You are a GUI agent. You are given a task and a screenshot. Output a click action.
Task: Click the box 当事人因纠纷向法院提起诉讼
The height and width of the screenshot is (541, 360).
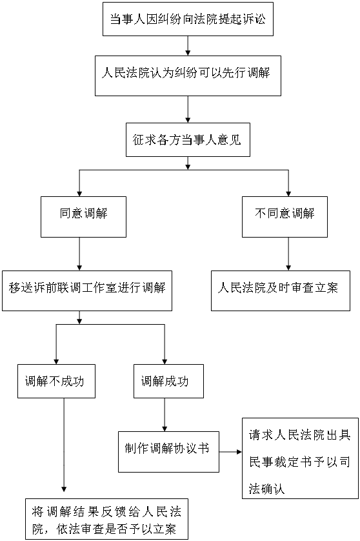point(188,19)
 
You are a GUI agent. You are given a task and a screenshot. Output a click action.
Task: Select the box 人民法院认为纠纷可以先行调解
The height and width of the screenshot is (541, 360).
point(188,76)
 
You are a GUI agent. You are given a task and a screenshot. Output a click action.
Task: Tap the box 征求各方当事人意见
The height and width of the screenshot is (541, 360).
point(188,139)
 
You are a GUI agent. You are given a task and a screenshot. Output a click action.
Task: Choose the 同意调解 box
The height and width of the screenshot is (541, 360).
point(83,217)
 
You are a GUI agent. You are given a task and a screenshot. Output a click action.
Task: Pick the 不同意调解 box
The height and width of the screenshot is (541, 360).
point(285,217)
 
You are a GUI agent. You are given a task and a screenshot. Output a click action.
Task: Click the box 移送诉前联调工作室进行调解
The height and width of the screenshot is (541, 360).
point(87,291)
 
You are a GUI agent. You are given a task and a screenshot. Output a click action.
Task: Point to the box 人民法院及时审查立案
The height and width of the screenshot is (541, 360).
point(281,291)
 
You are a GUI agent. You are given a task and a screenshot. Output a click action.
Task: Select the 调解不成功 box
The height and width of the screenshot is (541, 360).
point(57,382)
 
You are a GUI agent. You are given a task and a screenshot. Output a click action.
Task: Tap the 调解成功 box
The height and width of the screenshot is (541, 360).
point(168,382)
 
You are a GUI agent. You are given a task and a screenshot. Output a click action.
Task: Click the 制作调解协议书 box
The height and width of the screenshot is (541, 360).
point(168,452)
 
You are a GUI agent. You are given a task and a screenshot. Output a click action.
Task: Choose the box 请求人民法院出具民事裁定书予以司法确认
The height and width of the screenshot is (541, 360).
point(301,458)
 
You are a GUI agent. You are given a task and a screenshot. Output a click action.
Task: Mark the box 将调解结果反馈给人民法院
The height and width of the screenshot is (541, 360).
point(107,519)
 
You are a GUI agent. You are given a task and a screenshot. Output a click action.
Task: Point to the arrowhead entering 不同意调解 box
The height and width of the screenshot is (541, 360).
point(288,194)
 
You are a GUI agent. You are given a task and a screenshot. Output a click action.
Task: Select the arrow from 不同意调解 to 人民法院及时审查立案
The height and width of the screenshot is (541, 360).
point(288,254)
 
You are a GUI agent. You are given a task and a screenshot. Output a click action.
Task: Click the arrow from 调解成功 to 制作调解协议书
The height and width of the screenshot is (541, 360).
point(165,414)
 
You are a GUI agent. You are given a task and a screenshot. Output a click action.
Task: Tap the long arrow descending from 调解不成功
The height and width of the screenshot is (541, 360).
point(64,445)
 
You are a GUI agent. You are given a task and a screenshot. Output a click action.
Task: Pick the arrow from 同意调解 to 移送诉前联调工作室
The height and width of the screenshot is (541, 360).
point(79,254)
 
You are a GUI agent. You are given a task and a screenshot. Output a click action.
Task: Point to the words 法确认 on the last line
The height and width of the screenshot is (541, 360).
point(266,489)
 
